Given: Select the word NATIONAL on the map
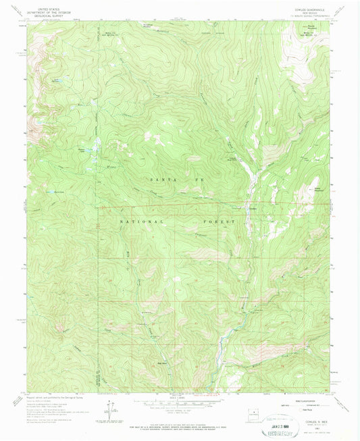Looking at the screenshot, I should pyautogui.click(x=141, y=222).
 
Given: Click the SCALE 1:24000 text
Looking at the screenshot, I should pyautogui.click(x=180, y=395).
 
